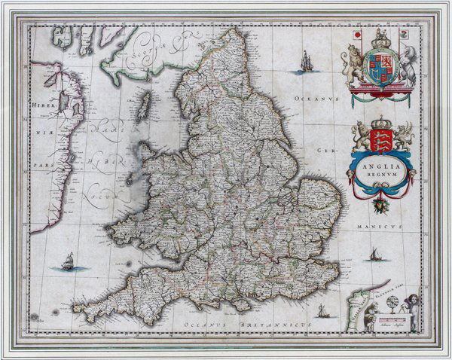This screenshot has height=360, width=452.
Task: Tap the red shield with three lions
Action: point(382,139)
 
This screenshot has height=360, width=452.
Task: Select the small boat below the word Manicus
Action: point(374,256)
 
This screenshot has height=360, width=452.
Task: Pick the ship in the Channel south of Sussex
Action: point(322,310)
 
